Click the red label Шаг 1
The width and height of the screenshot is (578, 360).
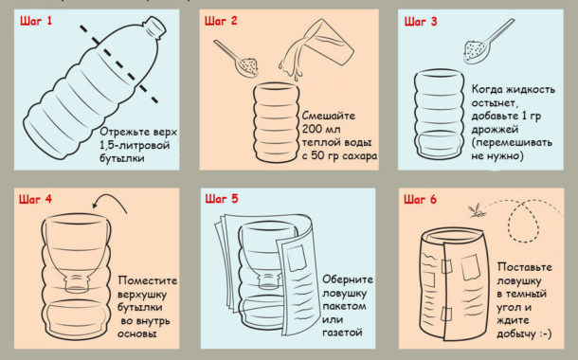pos(36,21)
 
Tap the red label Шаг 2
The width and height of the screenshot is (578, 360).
pos(221,21)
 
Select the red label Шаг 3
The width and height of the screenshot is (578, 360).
pos(421,22)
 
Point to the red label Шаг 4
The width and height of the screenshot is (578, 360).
pos(35,199)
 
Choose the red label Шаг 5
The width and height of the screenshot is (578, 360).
pos(222,199)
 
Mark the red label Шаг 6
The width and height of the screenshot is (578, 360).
pos(420,199)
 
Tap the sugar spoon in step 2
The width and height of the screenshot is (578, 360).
pos(237,59)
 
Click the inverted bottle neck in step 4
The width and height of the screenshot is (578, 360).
pos(77,283)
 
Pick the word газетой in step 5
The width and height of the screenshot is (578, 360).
pos(342,333)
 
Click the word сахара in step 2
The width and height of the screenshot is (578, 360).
pos(359,155)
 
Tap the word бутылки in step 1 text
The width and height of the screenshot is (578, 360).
pos(122,158)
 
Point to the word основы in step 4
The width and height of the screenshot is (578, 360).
pos(137,333)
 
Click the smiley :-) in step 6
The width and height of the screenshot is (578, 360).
pos(545,333)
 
